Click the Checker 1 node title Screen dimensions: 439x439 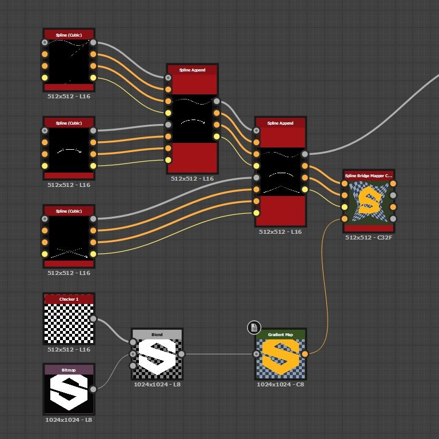click(69, 299)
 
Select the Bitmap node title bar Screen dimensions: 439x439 click(69, 370)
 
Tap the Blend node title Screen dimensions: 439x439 click(157, 334)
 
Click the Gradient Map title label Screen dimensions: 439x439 click(280, 334)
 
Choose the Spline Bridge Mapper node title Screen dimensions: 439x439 click(369, 175)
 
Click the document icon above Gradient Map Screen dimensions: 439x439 click(254, 327)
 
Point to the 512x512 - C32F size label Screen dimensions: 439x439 click(369, 237)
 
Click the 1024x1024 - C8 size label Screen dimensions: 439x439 click(280, 385)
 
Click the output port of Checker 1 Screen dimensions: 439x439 click(93, 320)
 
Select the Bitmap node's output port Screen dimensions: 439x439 click(93, 389)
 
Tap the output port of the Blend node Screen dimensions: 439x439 click(181, 354)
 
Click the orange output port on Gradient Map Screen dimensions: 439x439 click(305, 354)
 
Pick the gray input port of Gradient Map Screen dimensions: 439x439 click(256, 354)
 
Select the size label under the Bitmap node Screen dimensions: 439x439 click(69, 420)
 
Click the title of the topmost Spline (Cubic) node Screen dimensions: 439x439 click(69, 35)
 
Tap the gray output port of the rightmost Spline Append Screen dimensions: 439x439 click(305, 154)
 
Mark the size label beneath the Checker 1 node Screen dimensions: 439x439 click(69, 349)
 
